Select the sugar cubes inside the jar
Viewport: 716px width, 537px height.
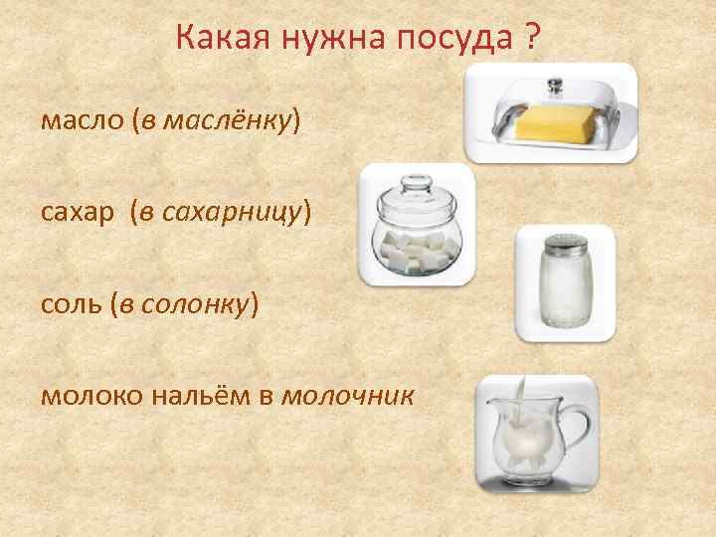point(417,250)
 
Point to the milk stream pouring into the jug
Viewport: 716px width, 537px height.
point(524,391)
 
